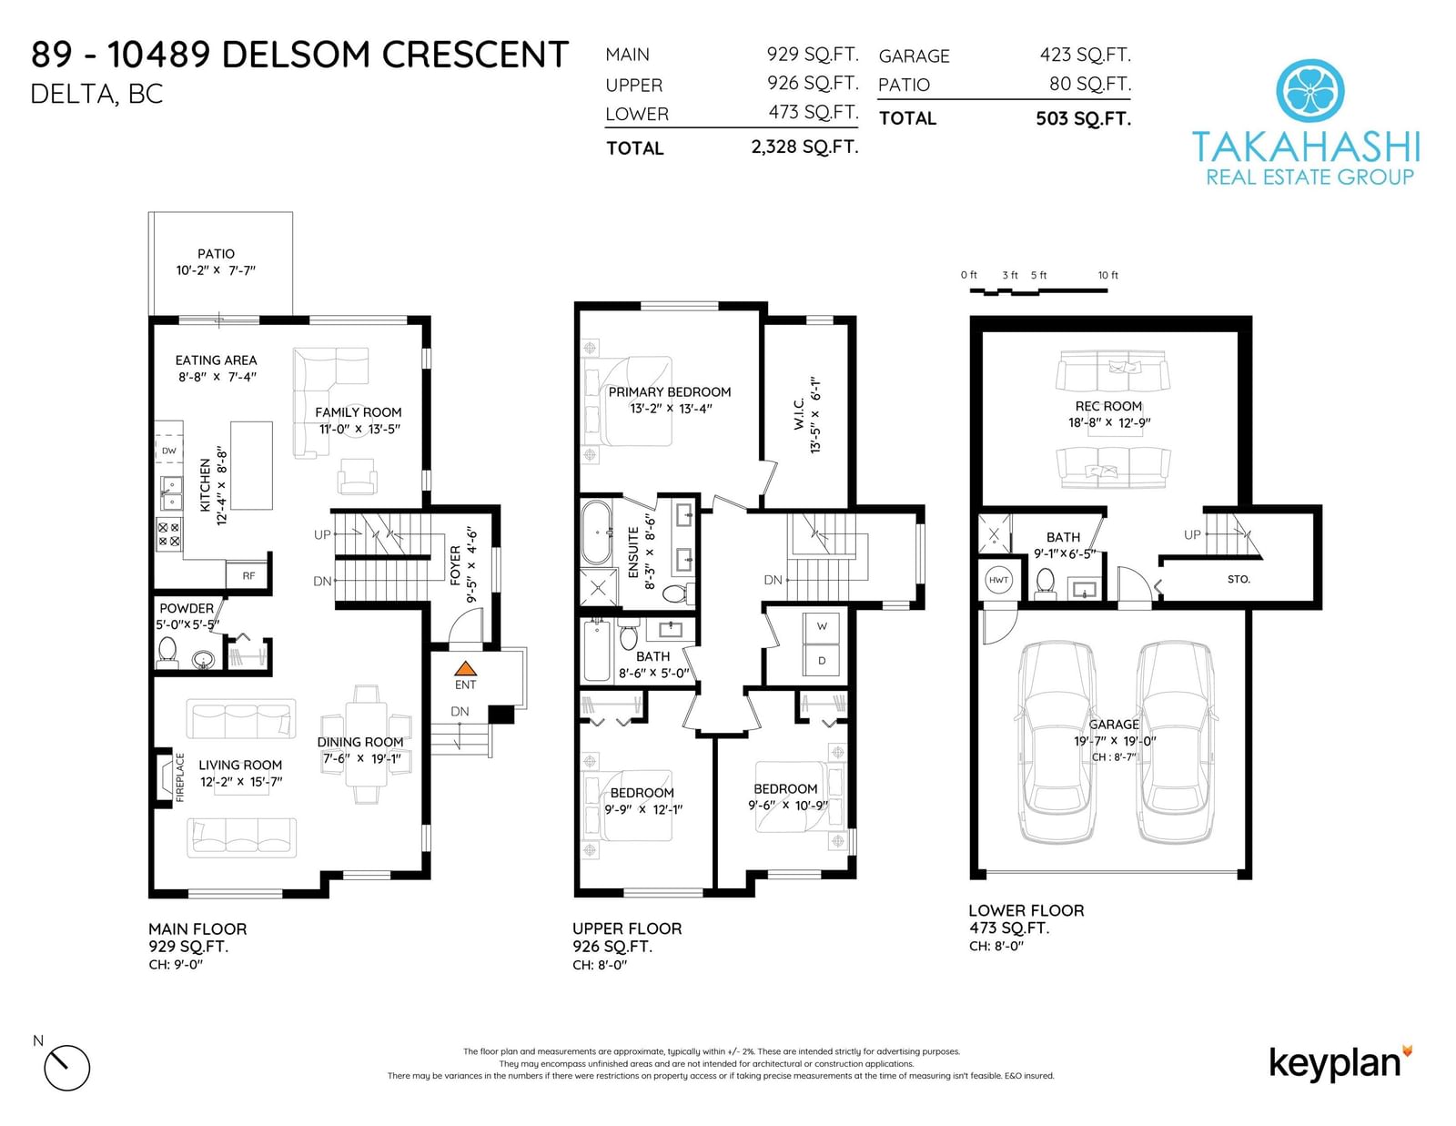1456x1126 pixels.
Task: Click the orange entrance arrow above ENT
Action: [x=465, y=668]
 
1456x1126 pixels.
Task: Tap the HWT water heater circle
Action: [x=998, y=580]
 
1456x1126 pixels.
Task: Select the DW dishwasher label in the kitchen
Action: [x=169, y=451]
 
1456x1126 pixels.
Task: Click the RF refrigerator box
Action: [x=248, y=575]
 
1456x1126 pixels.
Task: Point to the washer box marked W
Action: [x=822, y=626]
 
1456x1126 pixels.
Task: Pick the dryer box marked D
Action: [x=822, y=661]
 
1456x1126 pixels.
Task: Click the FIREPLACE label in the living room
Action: [x=179, y=777]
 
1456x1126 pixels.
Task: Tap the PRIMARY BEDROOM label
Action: [x=670, y=392]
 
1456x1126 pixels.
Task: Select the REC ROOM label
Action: [x=1108, y=406]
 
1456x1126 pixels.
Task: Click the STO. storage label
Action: [x=1239, y=579]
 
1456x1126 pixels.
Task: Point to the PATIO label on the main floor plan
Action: [x=216, y=254]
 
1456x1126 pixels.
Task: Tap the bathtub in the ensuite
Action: [x=596, y=533]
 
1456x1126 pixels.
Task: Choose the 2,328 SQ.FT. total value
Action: [x=804, y=147]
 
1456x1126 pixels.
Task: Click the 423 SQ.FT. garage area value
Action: [x=1085, y=55]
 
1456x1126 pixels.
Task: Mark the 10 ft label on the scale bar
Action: [x=1108, y=275]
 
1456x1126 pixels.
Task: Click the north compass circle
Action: [x=67, y=1068]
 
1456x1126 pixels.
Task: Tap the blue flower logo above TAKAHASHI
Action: [x=1309, y=90]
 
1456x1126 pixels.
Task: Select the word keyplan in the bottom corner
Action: [x=1334, y=1064]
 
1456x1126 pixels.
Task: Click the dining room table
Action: [x=366, y=744]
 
